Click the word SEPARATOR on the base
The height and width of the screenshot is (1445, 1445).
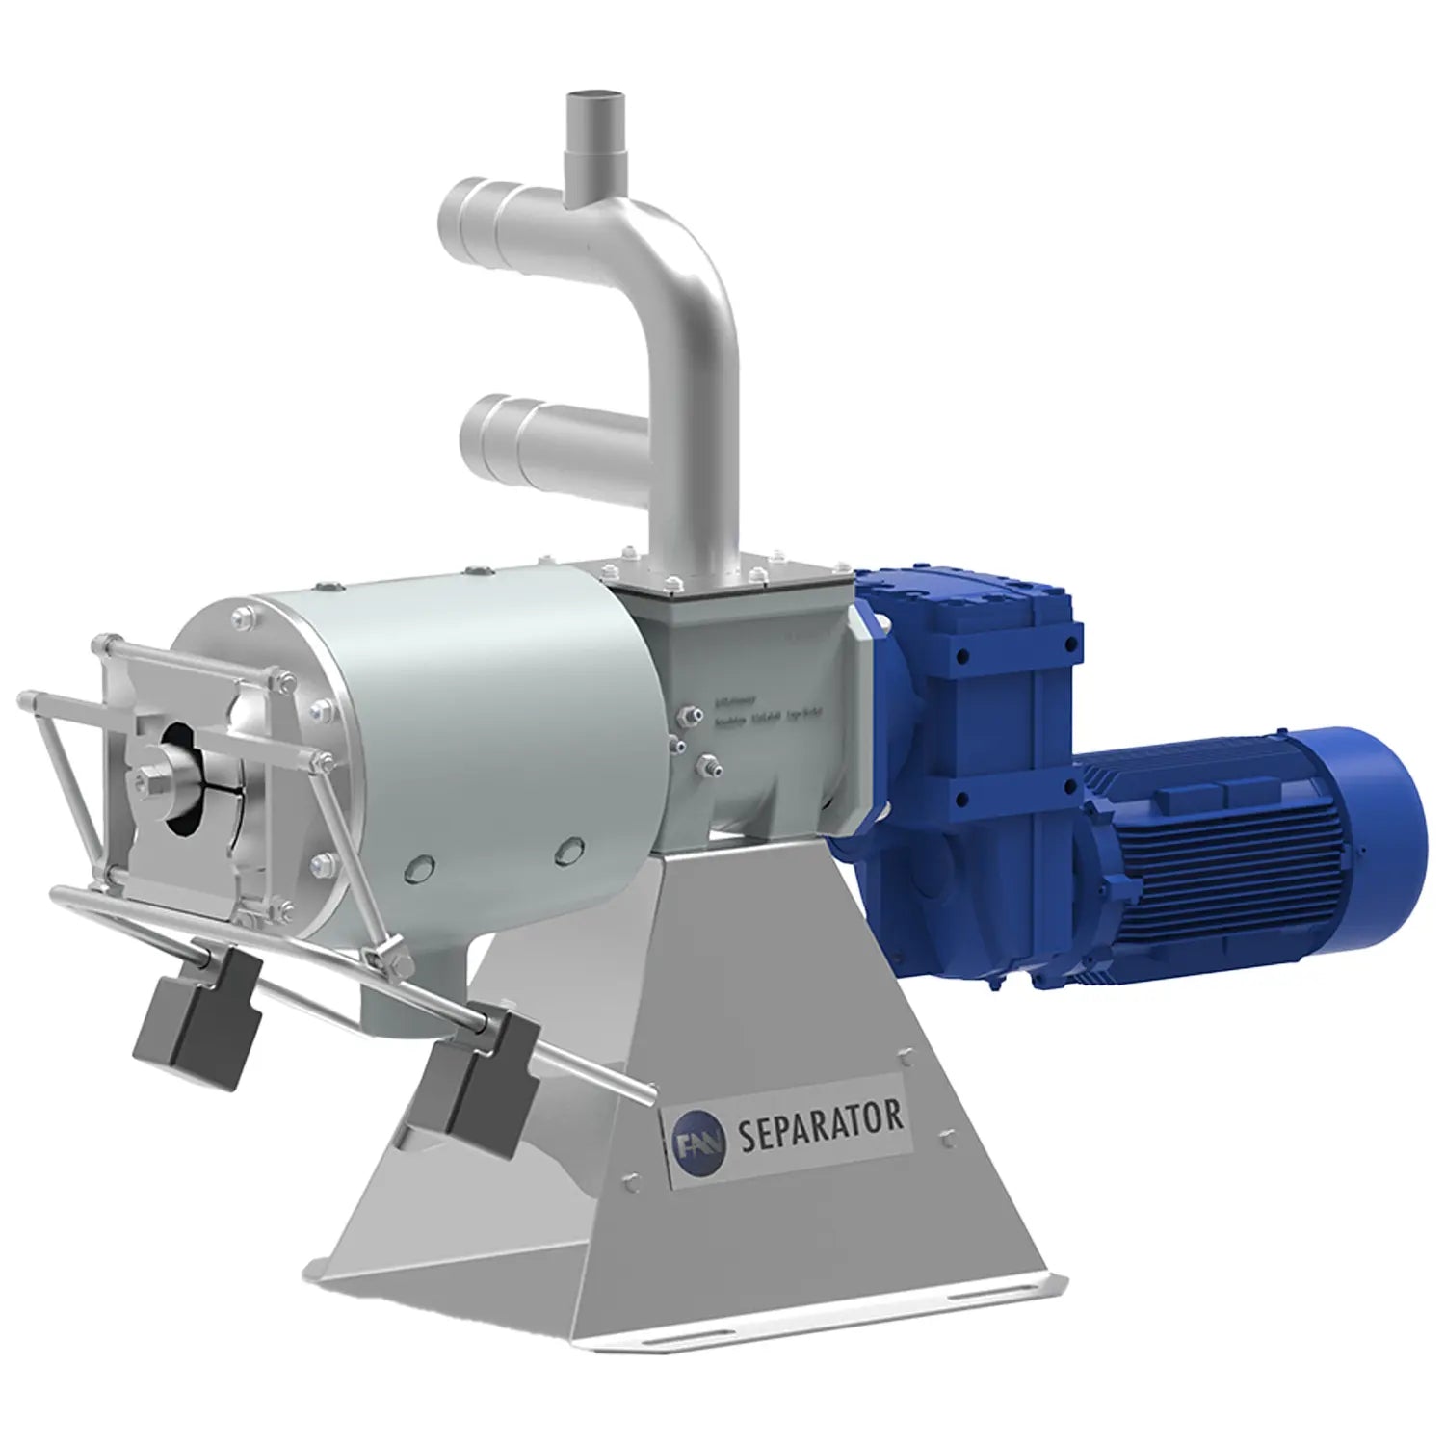coord(820,1124)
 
